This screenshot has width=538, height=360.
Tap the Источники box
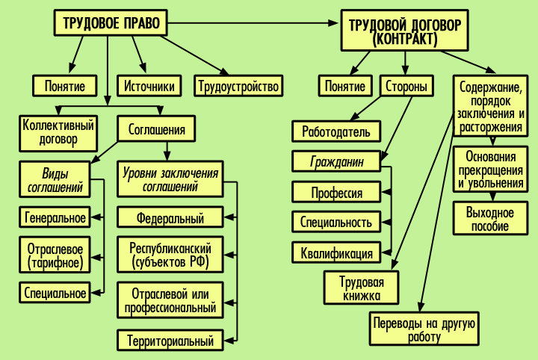click(149, 86)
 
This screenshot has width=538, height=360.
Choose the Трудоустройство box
click(238, 86)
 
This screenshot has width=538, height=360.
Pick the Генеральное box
click(55, 217)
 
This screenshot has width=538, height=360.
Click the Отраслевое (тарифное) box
click(54, 255)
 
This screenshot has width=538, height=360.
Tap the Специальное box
click(55, 293)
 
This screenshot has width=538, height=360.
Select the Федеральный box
click(170, 217)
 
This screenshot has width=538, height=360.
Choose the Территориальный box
click(170, 341)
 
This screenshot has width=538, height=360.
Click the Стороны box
click(406, 86)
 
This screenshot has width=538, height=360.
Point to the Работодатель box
click(336, 132)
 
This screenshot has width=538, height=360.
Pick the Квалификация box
click(336, 252)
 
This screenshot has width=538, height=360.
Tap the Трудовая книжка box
click(362, 288)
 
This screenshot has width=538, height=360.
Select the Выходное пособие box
click(489, 219)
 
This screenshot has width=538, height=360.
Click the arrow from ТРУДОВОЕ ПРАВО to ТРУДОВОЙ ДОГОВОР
click(254, 23)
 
